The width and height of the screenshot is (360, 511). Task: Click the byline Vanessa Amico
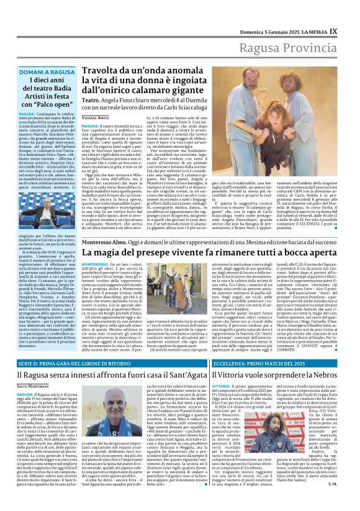tap(95, 117)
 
